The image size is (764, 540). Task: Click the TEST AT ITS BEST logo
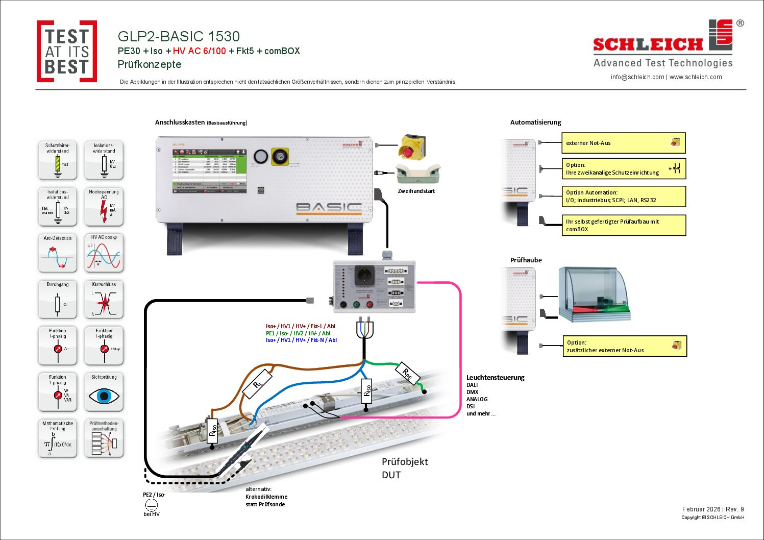[x=67, y=51]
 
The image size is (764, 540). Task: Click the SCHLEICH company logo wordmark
[x=648, y=44]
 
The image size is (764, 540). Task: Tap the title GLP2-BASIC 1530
[x=179, y=37]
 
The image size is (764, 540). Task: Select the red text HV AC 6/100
[x=199, y=51]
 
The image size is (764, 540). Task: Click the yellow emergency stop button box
[x=412, y=146]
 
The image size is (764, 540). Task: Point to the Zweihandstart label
[x=416, y=191]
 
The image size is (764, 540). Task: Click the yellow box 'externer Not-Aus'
[x=623, y=143]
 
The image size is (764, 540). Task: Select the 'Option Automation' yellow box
[x=623, y=197]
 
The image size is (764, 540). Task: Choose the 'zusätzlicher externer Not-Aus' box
[x=624, y=346]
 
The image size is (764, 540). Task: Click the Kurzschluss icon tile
[x=104, y=300]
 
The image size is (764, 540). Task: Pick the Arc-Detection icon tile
[x=58, y=253]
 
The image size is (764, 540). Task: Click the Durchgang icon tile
[x=58, y=300]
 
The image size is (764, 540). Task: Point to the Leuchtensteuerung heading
[x=495, y=378]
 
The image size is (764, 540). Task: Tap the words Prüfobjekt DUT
[x=404, y=468]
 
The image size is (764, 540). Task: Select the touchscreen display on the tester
[x=209, y=171]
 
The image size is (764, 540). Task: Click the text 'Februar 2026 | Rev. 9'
[x=713, y=509]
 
